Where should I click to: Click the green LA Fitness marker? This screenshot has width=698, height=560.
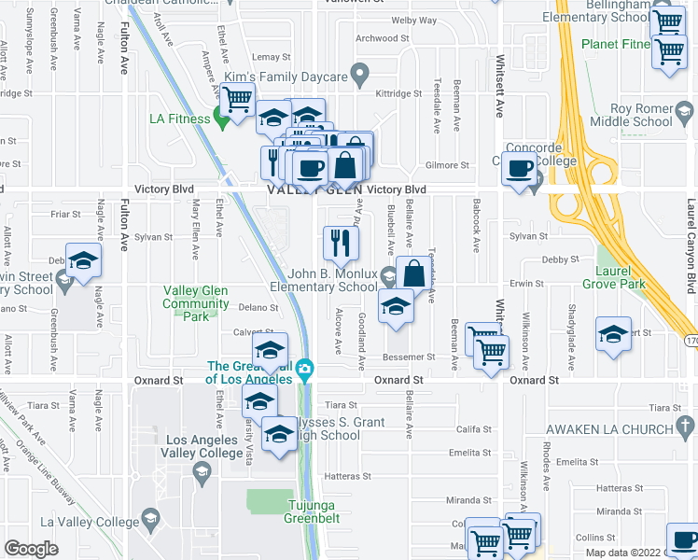click(x=223, y=119)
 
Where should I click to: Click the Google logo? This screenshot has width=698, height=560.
click(x=31, y=548)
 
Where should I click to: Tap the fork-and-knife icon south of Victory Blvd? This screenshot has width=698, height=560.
click(x=341, y=243)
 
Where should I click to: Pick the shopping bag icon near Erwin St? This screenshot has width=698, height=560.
click(x=413, y=274)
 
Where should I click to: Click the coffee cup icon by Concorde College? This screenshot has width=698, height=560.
click(x=519, y=169)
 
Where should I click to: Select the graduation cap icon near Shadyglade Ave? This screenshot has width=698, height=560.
click(x=613, y=335)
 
